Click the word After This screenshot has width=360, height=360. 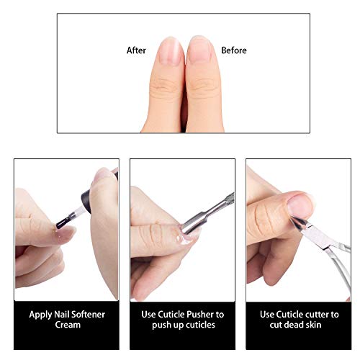[x=136, y=50]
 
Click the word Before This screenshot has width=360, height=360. [x=234, y=50]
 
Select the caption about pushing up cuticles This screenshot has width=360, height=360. [x=182, y=320]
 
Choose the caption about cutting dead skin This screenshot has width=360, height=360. [x=299, y=320]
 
